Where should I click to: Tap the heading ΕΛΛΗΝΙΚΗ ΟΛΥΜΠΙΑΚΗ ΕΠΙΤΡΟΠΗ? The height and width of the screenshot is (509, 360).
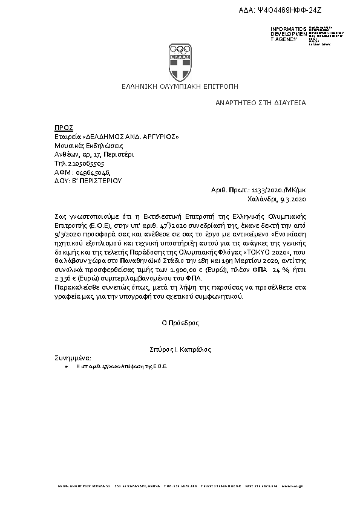pyautogui.click(x=180, y=86)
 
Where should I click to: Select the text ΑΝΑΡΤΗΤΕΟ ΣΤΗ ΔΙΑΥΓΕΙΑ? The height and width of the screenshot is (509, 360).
pyautogui.click(x=261, y=103)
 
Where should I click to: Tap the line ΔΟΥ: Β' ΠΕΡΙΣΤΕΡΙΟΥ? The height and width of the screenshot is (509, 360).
pyautogui.click(x=88, y=180)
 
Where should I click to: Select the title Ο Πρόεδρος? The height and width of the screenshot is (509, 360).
pyautogui.click(x=180, y=323)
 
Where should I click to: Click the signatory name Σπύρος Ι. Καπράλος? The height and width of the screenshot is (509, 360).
pyautogui.click(x=180, y=349)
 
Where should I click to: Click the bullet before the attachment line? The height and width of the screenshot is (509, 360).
pyautogui.click(x=66, y=367)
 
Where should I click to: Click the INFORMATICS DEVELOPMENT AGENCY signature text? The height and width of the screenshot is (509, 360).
pyautogui.click(x=284, y=34)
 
